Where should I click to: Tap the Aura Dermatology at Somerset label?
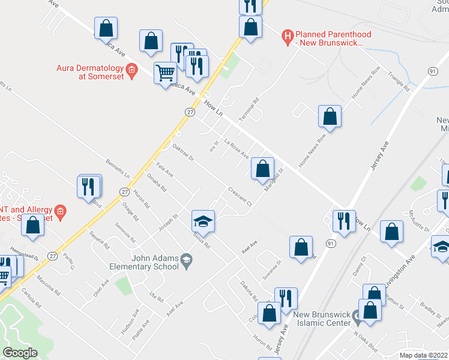[x=90, y=71]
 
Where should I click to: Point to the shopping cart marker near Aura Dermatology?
[x=165, y=73]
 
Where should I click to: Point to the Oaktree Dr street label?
[x=183, y=153]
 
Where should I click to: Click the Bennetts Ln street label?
[x=118, y=168]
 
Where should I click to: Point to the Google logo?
[x=20, y=352]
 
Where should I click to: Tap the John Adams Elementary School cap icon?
[x=187, y=260]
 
